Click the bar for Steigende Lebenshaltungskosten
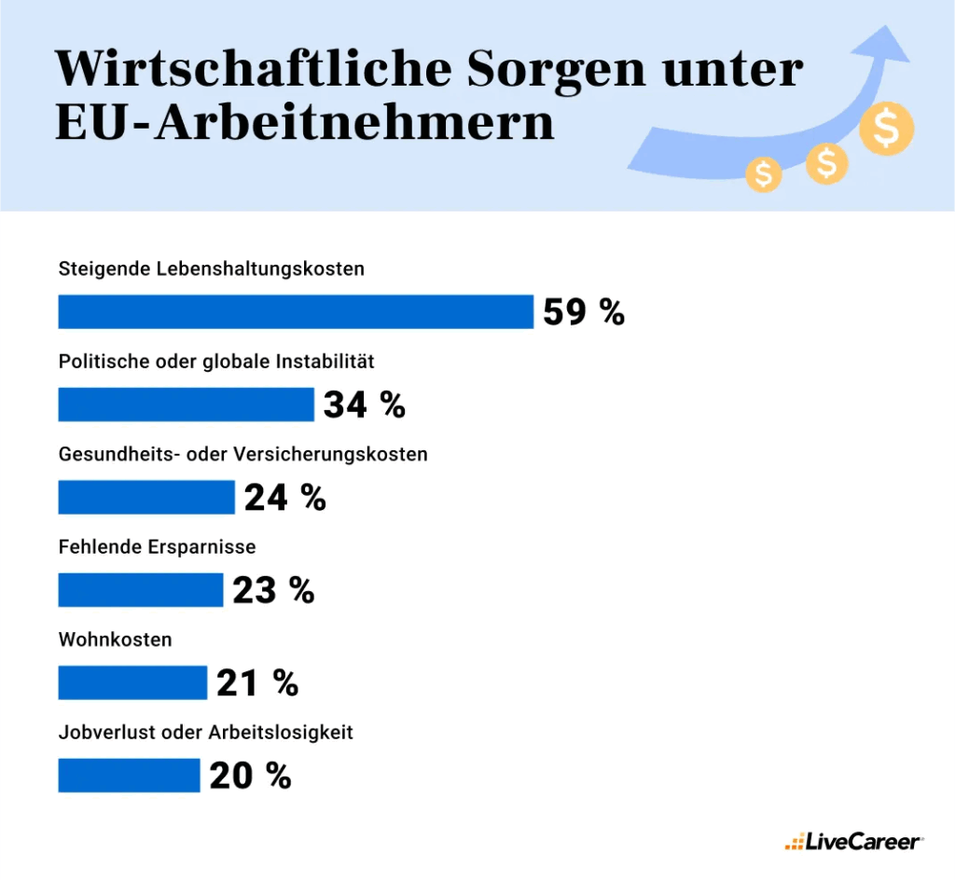coord(296,311)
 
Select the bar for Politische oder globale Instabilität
coord(186,405)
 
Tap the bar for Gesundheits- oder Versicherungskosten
coord(146,497)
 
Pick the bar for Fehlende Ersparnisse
coord(141,590)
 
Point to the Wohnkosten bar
coord(132,682)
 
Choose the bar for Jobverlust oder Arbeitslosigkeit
coord(129,776)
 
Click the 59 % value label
coord(584,311)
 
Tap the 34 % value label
coord(365,405)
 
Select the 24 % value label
coord(285,497)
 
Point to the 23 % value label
coord(273,590)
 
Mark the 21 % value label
coord(257,682)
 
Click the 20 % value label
coord(250,776)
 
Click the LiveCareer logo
coord(853,842)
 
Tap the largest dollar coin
coord(886,130)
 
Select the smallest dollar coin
coord(764,173)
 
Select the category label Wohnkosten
coord(115,639)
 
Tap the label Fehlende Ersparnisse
coord(157,547)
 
